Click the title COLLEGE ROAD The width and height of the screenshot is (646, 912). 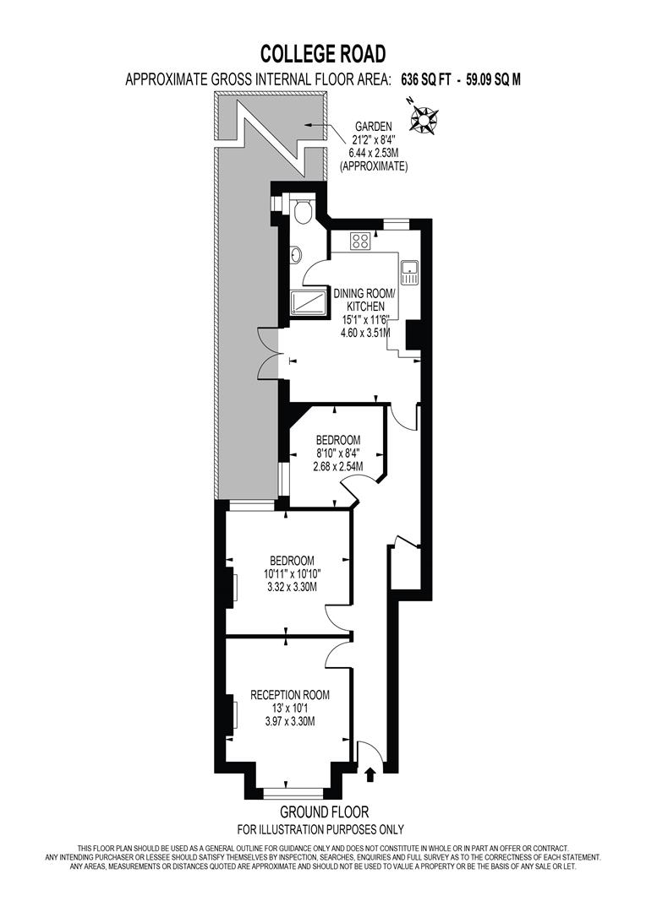[323, 54]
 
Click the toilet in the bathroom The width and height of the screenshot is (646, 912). [304, 211]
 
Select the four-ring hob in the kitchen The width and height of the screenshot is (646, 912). [360, 242]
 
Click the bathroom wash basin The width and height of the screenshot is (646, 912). [295, 254]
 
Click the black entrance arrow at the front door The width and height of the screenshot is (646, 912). [370, 772]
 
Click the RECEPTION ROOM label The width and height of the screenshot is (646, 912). [290, 695]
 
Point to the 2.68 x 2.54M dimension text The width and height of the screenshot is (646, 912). [338, 466]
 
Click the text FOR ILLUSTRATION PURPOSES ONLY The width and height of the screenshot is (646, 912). [320, 829]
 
